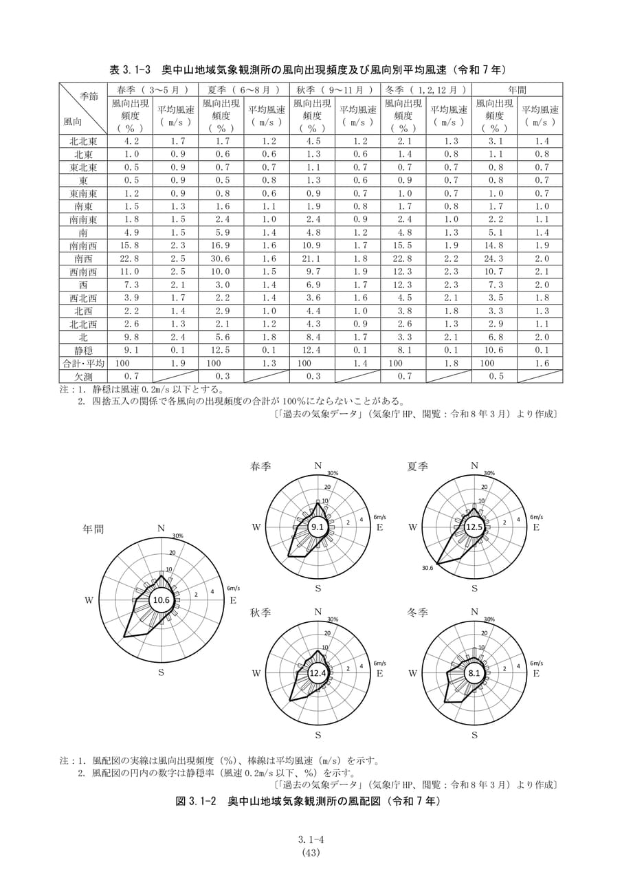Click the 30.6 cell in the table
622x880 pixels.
[x=221, y=258]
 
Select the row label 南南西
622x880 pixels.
[x=83, y=245]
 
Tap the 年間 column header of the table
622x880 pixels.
[x=517, y=89]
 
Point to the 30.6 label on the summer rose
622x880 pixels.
[x=427, y=568]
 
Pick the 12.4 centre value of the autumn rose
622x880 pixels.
[x=318, y=673]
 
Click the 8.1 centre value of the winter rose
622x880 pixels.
[x=474, y=673]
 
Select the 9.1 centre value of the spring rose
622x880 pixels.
[x=318, y=527]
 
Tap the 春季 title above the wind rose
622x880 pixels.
[x=260, y=466]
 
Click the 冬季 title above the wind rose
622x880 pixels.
[x=417, y=613]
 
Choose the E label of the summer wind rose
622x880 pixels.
[x=536, y=527]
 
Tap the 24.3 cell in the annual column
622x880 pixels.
[x=494, y=258]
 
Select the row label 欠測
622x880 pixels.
[x=83, y=376]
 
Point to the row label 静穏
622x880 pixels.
[x=83, y=350]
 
